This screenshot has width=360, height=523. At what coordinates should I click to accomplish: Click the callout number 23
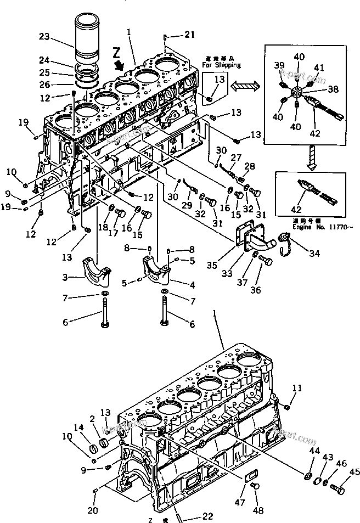point(44,37)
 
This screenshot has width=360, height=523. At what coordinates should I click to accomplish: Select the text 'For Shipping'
point(221,65)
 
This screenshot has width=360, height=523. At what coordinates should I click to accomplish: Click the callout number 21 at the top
point(189,35)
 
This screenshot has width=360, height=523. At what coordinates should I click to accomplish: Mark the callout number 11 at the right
point(297,389)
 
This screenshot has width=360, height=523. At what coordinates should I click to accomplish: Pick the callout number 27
point(235,158)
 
